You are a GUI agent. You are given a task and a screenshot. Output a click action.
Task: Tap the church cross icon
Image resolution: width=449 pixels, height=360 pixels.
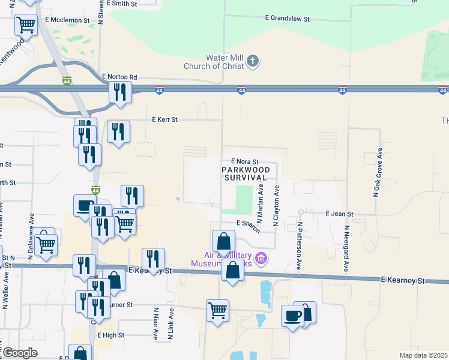[x=253, y=61]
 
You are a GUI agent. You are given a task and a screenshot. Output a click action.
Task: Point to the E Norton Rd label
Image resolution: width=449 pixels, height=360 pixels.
[x=119, y=77]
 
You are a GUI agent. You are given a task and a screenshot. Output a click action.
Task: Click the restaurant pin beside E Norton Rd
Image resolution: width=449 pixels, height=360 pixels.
[x=120, y=92]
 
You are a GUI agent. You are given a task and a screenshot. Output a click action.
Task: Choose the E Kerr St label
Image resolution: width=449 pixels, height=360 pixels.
[x=165, y=119]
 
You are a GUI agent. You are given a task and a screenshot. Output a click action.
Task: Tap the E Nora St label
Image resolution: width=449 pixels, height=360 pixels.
[x=245, y=162]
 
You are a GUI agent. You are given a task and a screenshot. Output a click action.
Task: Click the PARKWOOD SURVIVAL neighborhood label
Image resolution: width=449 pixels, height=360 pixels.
[x=245, y=173]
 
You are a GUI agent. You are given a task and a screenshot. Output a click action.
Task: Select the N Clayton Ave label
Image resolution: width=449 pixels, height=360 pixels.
[x=276, y=206]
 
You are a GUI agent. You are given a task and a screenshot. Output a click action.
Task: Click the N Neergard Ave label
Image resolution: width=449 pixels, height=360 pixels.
[x=346, y=247]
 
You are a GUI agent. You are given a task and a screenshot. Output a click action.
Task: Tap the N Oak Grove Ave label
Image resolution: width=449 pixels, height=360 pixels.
[x=379, y=173]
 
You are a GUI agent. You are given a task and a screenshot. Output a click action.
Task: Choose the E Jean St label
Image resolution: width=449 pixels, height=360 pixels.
[x=340, y=214]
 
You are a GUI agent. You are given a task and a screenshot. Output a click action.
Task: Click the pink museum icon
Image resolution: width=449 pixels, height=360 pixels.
[x=261, y=259]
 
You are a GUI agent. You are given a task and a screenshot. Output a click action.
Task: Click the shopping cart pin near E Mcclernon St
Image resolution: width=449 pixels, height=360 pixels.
[x=26, y=25]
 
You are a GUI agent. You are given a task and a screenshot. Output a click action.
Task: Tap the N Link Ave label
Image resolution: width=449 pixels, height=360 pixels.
[x=171, y=325]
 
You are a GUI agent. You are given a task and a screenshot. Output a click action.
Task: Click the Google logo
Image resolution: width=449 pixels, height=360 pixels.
[x=20, y=353]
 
